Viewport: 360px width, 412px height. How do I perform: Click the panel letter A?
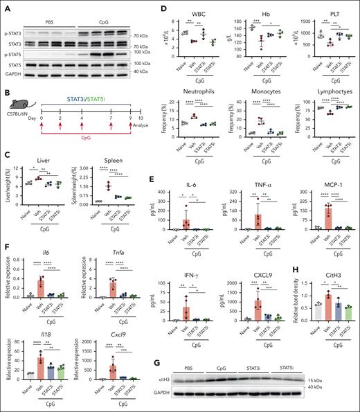(x=5, y=6)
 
